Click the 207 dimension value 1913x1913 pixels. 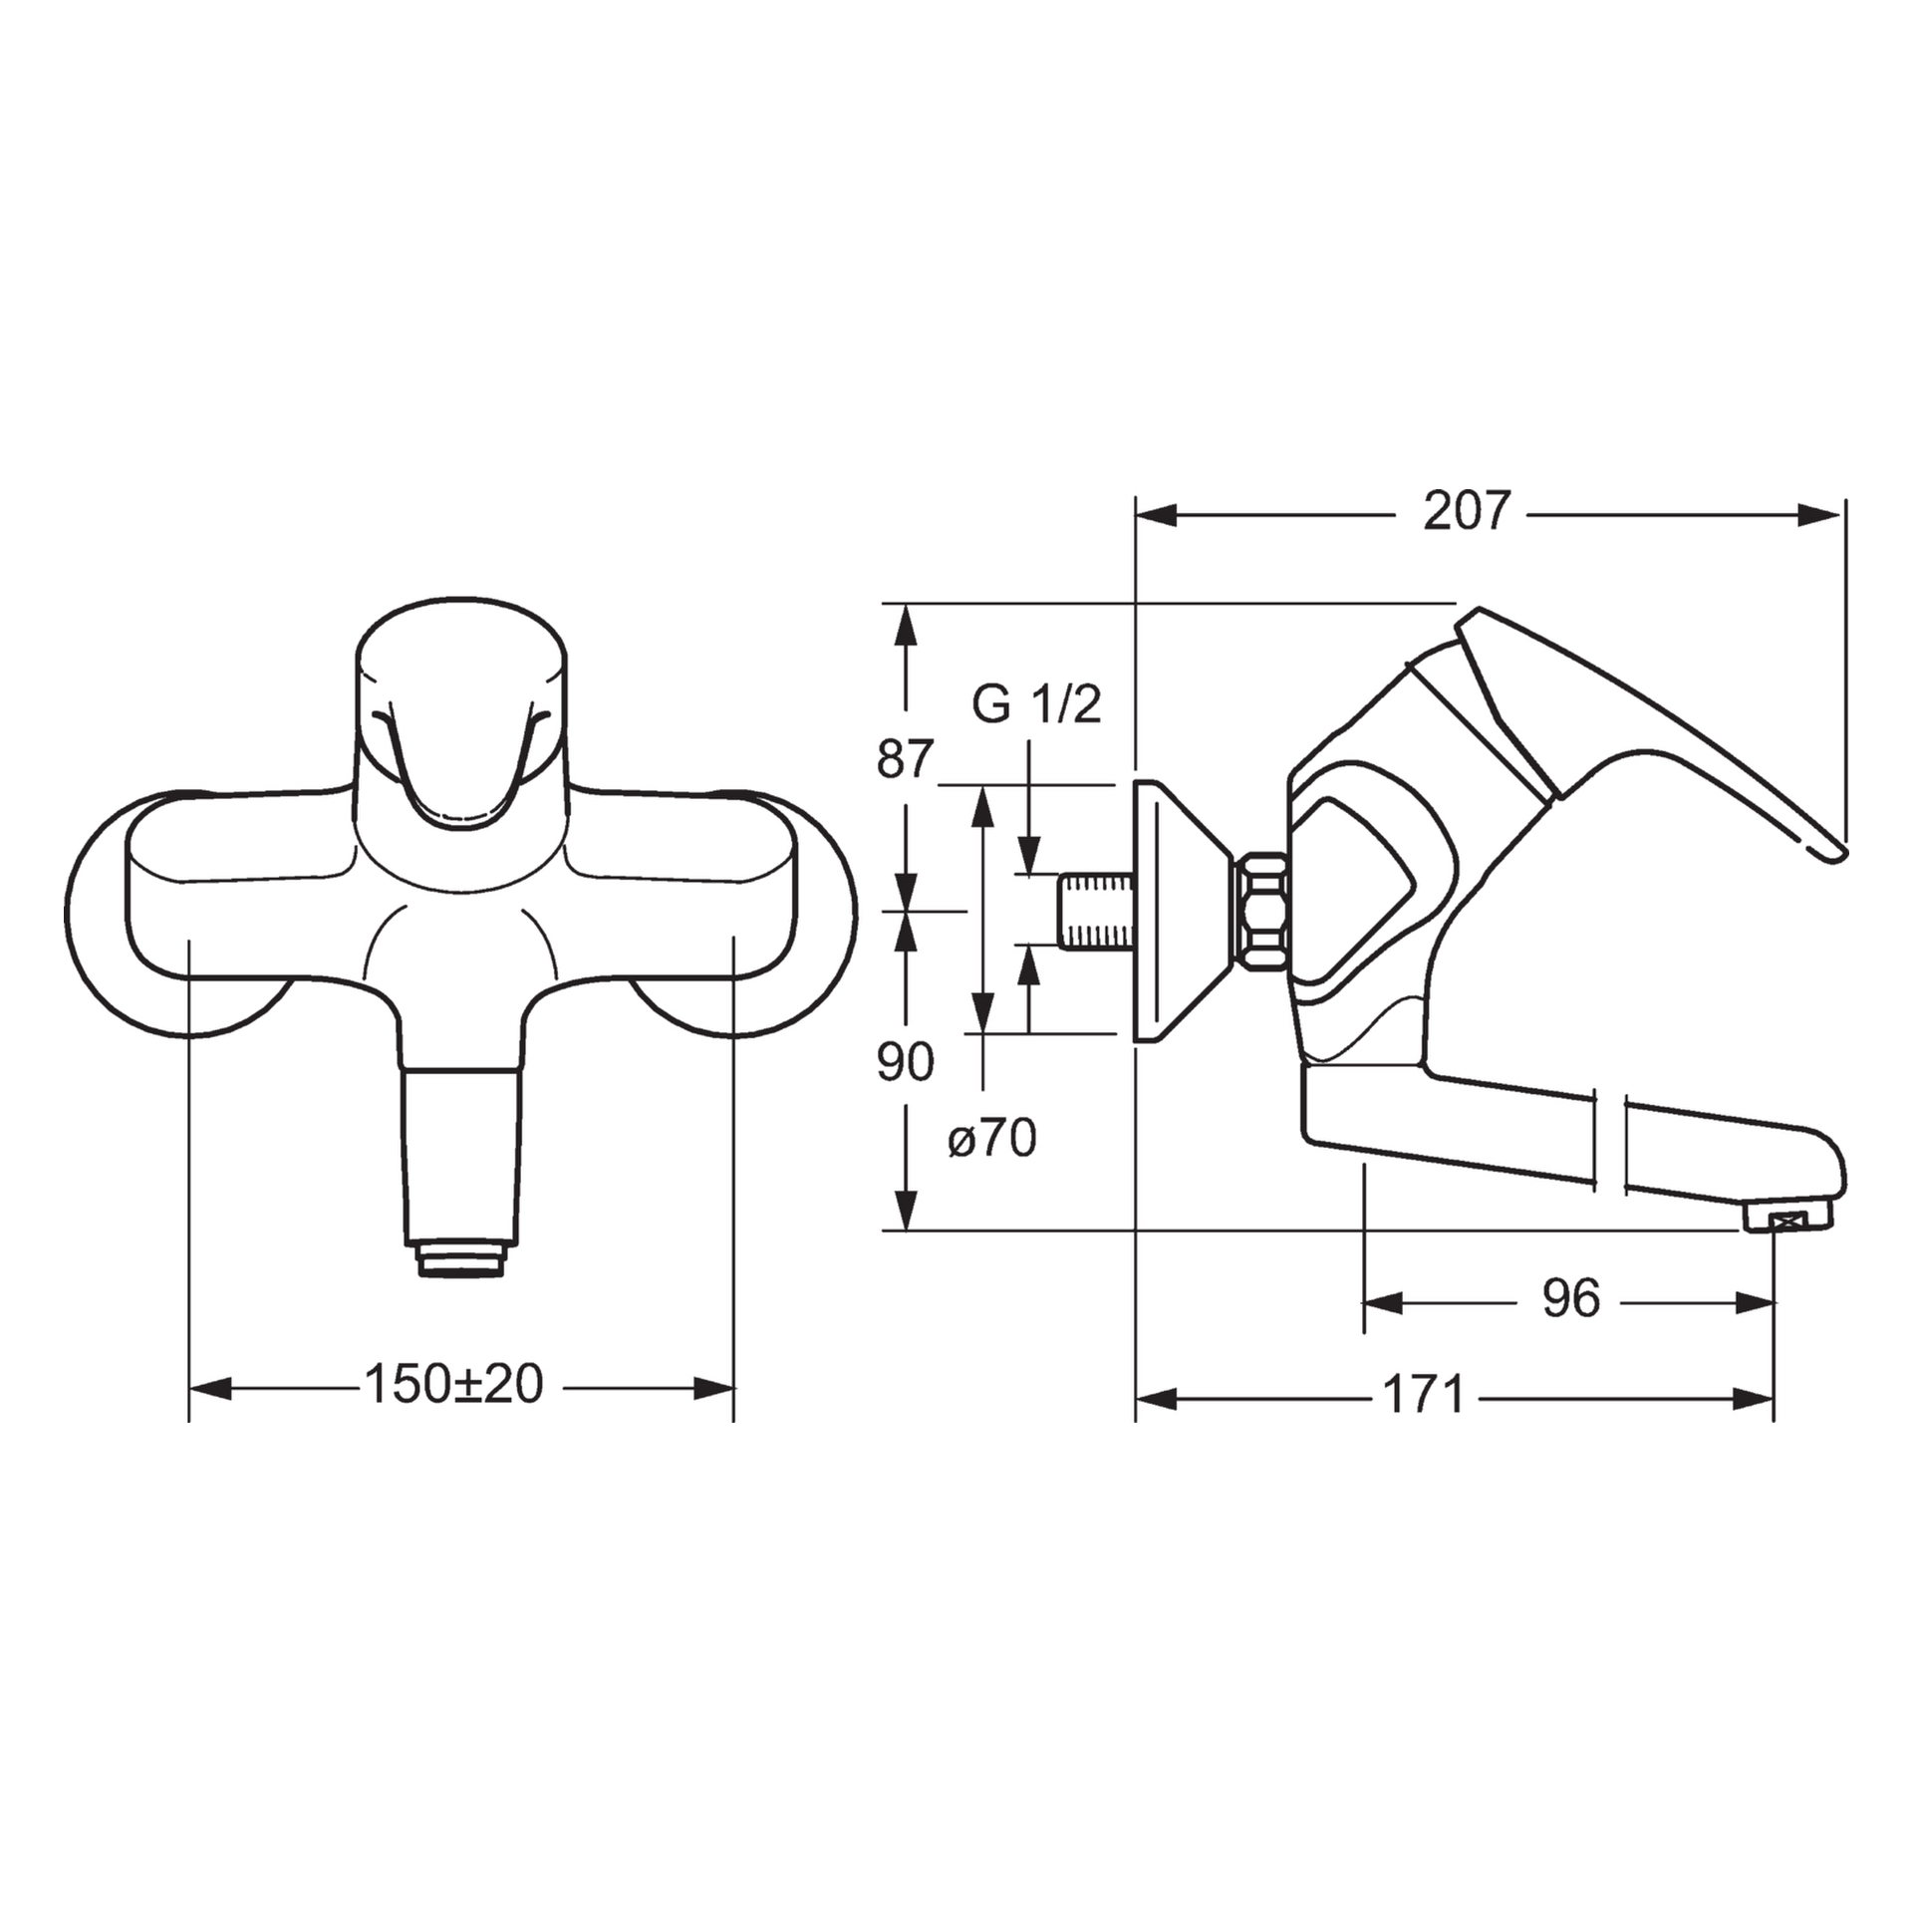(1467, 512)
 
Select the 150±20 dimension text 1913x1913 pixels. (453, 1384)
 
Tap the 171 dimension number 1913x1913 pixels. (1425, 1394)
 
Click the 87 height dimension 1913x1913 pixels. (906, 759)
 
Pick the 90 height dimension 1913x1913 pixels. (906, 1062)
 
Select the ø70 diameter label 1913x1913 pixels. (992, 1138)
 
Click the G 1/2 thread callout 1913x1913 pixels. (1036, 705)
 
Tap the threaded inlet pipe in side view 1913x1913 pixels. (1095, 911)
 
